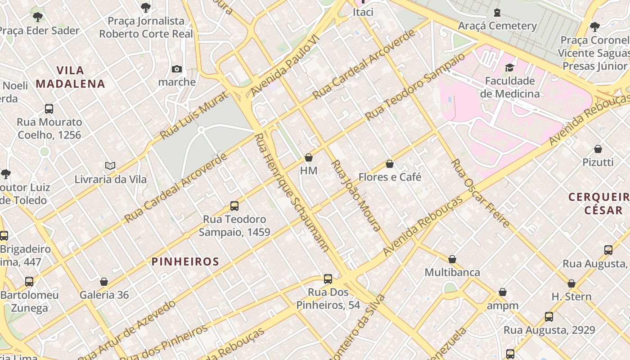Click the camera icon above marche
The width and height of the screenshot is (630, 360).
(177, 69)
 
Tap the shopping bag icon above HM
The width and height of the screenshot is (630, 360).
(309, 157)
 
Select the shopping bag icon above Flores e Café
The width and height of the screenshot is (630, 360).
(390, 164)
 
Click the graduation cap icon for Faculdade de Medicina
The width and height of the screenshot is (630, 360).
(509, 67)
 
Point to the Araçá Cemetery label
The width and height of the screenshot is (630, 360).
(497, 26)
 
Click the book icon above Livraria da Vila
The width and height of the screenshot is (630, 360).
(110, 166)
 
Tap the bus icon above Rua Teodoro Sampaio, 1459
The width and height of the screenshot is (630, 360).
(234, 206)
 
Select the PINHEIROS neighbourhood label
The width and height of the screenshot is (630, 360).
(185, 261)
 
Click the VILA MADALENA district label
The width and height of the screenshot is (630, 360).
(71, 77)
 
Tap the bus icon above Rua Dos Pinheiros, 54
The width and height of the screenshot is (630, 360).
(328, 279)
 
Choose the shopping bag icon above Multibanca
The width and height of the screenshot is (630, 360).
(452, 259)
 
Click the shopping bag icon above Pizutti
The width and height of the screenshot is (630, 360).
(598, 149)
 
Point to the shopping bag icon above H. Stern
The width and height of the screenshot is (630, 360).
(571, 283)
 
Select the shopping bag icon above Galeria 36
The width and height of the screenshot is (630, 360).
(104, 282)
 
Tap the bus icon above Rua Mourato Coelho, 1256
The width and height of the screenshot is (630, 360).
(49, 108)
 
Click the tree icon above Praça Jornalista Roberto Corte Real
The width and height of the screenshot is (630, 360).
(145, 7)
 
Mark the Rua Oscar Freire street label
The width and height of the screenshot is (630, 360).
(481, 193)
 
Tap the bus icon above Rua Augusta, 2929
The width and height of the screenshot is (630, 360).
(549, 317)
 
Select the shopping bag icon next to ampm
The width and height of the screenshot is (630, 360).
(503, 292)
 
